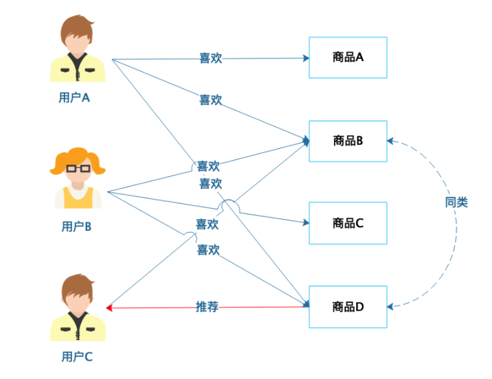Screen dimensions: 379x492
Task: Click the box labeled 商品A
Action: [x=348, y=57]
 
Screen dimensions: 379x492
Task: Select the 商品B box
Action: [x=348, y=140]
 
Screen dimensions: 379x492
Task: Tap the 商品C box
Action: [x=348, y=223]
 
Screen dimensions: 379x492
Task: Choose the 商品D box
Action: [x=348, y=306]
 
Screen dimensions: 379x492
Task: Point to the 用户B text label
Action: [x=76, y=227]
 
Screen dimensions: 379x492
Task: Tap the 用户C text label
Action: [x=77, y=356]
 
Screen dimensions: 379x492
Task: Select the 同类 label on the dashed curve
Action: [x=456, y=202]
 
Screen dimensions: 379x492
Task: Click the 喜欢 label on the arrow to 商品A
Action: [x=211, y=59]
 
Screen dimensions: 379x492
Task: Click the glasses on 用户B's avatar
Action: [x=78, y=168]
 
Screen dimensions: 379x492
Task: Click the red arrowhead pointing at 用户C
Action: [x=109, y=307]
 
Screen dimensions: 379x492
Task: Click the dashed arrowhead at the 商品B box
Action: [x=391, y=140]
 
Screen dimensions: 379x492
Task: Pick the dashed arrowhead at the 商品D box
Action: [x=391, y=306]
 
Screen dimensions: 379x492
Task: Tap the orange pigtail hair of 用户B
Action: [x=97, y=166]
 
